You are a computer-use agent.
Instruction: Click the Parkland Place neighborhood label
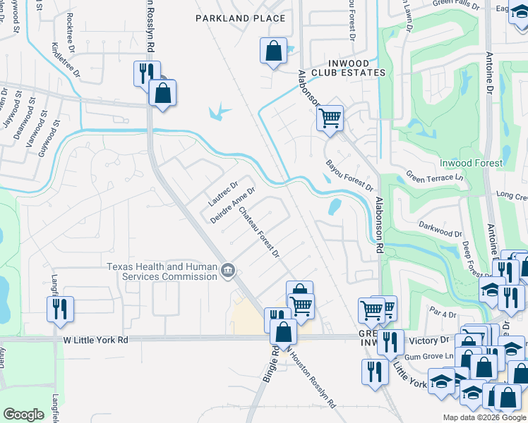tap(241, 18)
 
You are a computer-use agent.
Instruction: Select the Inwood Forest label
tap(471, 163)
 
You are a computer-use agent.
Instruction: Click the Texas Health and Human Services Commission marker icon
tap(228, 271)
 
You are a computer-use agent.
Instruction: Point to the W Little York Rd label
tap(95, 339)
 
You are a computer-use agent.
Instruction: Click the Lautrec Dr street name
tap(220, 190)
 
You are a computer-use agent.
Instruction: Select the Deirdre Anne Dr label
tap(232, 204)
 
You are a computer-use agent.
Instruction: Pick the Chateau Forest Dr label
tap(259, 231)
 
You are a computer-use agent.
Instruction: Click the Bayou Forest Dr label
tap(349, 175)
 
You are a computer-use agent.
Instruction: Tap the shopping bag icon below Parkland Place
tap(273, 51)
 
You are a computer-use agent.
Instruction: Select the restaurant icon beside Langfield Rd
tap(60, 307)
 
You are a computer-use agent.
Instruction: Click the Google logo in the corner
tap(23, 415)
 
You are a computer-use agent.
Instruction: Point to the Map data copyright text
tap(484, 417)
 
